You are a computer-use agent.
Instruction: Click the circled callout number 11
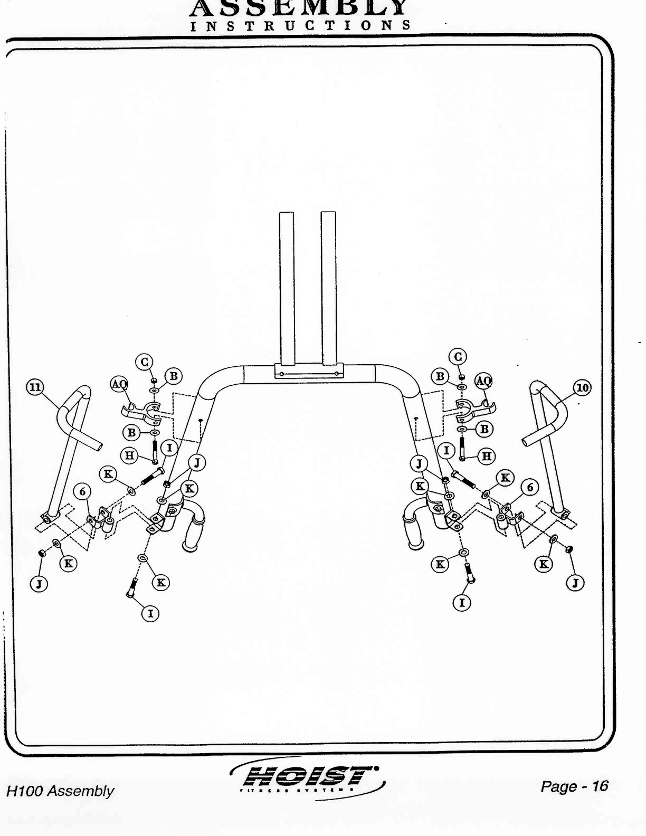pyautogui.click(x=35, y=387)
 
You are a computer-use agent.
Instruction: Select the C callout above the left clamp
pyautogui.click(x=144, y=362)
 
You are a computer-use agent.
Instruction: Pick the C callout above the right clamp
pyautogui.click(x=458, y=357)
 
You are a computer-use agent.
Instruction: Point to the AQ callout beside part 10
pyautogui.click(x=483, y=381)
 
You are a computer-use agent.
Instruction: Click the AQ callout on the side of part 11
pyautogui.click(x=119, y=384)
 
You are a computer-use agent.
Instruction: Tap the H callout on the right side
pyautogui.click(x=486, y=455)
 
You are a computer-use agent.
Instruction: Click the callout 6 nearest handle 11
pyautogui.click(x=82, y=492)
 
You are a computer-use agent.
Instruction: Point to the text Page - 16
pyautogui.click(x=574, y=786)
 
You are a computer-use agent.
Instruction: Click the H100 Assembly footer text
pyautogui.click(x=60, y=791)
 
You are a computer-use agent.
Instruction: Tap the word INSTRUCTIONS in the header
pyautogui.click(x=300, y=25)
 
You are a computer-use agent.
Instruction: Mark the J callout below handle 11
pyautogui.click(x=39, y=584)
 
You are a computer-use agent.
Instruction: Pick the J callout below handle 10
pyautogui.click(x=575, y=583)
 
